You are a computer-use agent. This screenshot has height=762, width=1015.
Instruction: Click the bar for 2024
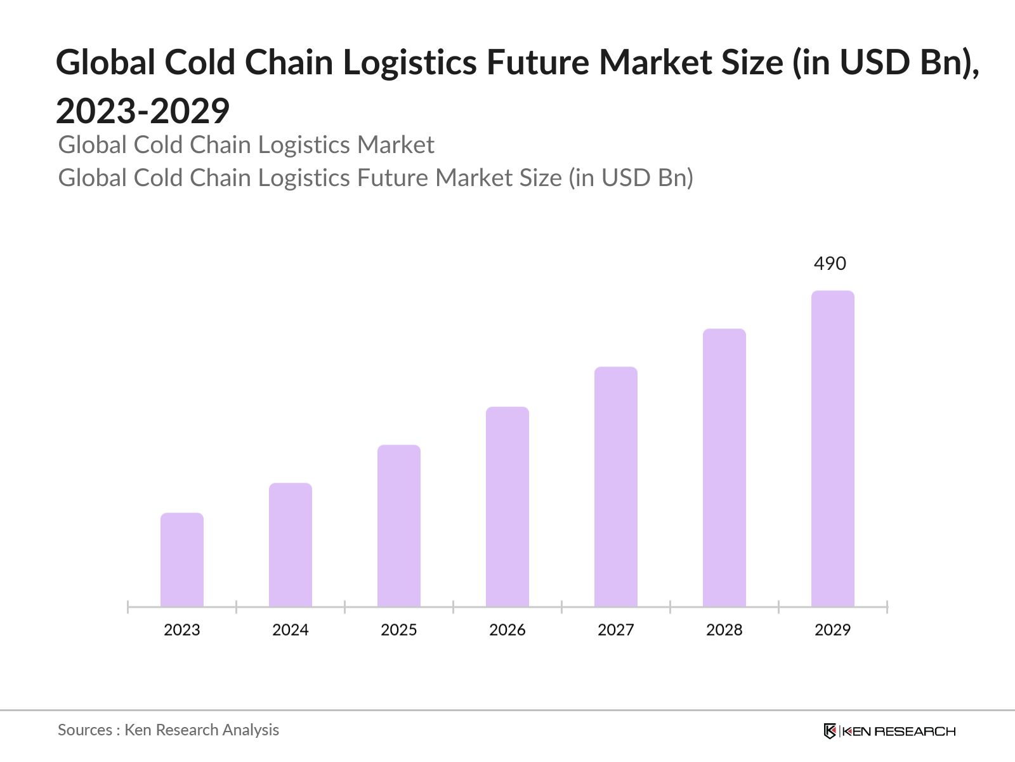[291, 545]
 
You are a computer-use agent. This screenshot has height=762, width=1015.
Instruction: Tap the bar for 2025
[399, 526]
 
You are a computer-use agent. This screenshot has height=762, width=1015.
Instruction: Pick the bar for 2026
[507, 507]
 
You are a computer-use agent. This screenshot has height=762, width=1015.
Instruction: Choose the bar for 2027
[616, 487]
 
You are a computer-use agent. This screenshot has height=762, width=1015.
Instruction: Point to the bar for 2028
[724, 468]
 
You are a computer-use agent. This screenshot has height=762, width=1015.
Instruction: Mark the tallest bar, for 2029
[833, 449]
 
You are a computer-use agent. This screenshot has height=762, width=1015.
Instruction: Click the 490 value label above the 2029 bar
[830, 264]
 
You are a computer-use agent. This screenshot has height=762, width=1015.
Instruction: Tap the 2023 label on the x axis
[182, 630]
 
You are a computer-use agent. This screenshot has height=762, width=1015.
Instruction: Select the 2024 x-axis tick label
[291, 630]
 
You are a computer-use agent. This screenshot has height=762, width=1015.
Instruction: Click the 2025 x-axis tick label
[399, 630]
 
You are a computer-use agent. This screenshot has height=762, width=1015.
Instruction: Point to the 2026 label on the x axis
[507, 630]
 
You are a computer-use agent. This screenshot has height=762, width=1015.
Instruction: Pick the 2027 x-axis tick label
[616, 630]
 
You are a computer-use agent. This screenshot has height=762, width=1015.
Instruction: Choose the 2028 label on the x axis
[724, 630]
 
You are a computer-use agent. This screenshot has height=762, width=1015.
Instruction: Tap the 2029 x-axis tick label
[833, 630]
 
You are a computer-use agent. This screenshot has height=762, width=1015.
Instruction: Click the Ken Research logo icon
[830, 731]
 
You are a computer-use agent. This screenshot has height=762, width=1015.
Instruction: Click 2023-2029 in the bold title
[143, 111]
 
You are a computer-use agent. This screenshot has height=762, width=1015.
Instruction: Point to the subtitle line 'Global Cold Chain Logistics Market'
[246, 145]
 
